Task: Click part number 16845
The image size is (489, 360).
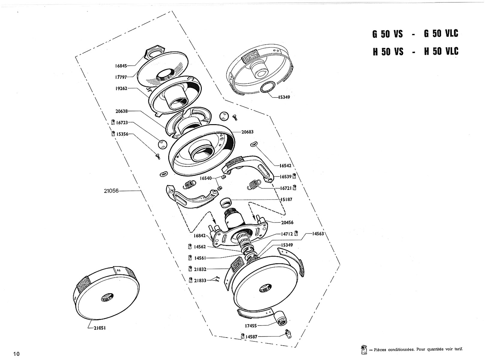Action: pyautogui.click(x=121, y=66)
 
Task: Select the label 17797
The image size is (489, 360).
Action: pyautogui.click(x=121, y=77)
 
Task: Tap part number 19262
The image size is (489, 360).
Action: pyautogui.click(x=121, y=88)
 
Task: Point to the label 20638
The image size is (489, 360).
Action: pyautogui.click(x=122, y=111)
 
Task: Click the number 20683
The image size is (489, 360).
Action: pyautogui.click(x=247, y=132)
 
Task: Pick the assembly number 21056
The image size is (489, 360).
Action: pyautogui.click(x=111, y=191)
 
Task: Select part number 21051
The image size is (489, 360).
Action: pyautogui.click(x=100, y=328)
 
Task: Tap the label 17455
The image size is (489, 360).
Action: pyautogui.click(x=251, y=326)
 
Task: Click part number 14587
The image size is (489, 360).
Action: pyautogui.click(x=252, y=337)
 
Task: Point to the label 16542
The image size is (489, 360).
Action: pyautogui.click(x=285, y=166)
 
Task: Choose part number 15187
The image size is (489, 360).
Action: pyautogui.click(x=286, y=199)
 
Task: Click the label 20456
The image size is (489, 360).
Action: pyautogui.click(x=287, y=223)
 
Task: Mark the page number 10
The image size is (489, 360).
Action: pyautogui.click(x=17, y=354)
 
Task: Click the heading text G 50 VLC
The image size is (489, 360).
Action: pyautogui.click(x=441, y=33)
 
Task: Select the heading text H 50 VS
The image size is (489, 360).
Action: pyautogui.click(x=388, y=52)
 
